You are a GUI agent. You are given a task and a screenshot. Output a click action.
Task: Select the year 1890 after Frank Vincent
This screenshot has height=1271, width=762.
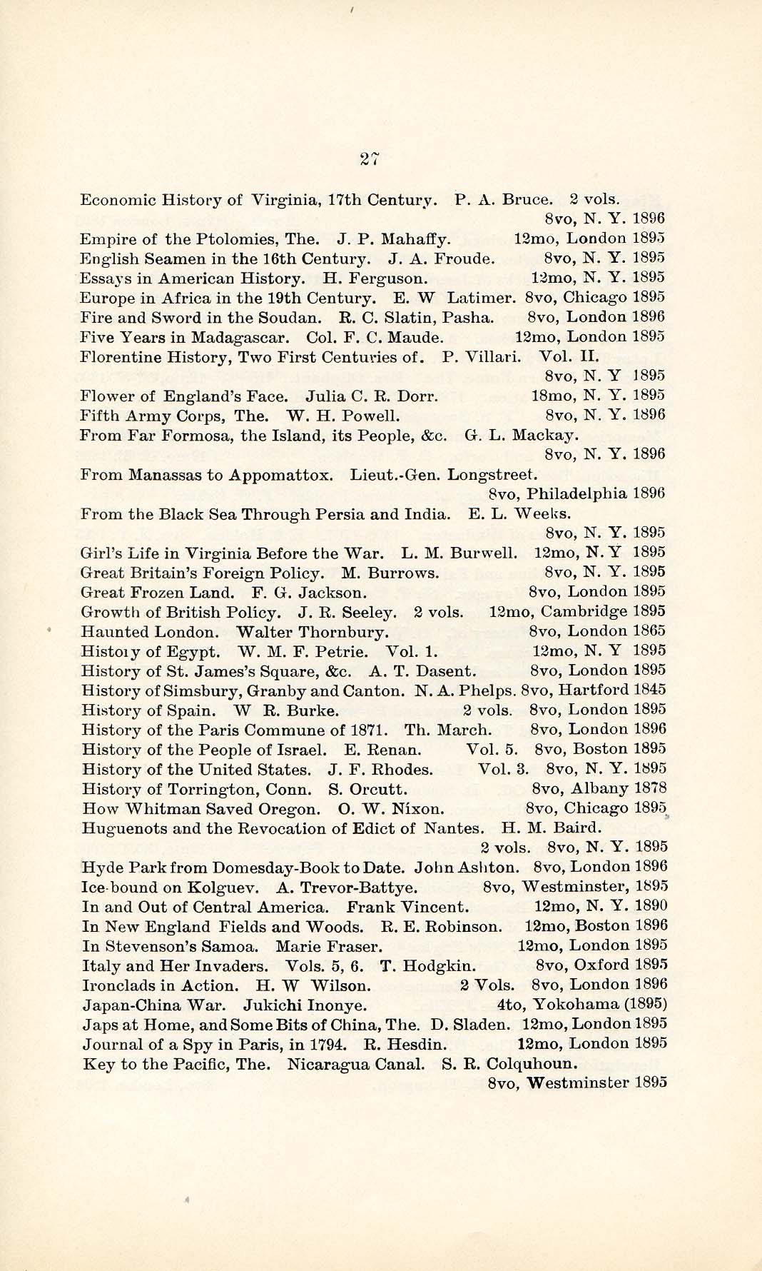(x=651, y=906)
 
